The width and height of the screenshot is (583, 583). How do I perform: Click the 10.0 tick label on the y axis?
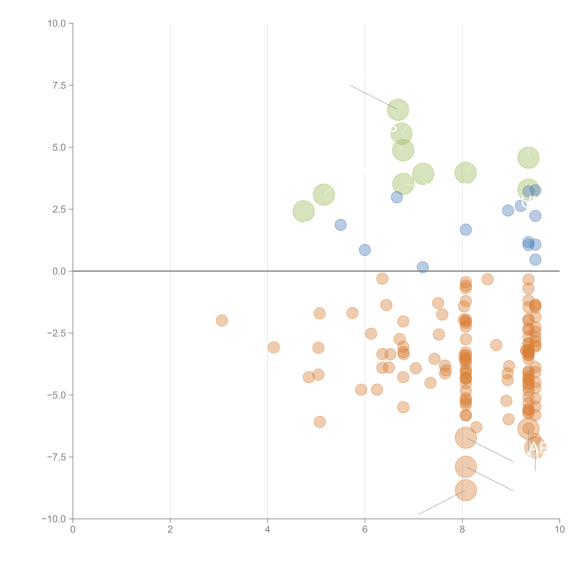(57, 24)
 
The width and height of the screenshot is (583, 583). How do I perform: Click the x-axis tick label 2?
(170, 530)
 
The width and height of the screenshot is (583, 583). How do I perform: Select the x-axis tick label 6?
(365, 530)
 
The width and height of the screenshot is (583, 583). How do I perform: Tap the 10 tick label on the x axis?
(559, 530)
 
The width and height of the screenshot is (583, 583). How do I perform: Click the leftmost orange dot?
(222, 320)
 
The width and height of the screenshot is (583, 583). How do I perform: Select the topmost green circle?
(398, 109)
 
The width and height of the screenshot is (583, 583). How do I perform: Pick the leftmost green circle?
(304, 211)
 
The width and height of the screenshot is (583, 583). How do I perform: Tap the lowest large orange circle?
(466, 490)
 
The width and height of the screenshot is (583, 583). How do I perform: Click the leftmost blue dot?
(340, 225)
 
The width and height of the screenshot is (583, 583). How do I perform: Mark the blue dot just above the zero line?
(423, 267)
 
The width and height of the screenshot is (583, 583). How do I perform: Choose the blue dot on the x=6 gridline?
(365, 250)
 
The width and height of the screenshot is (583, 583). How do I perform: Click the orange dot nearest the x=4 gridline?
(273, 347)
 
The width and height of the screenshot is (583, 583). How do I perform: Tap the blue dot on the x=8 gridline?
(466, 230)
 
